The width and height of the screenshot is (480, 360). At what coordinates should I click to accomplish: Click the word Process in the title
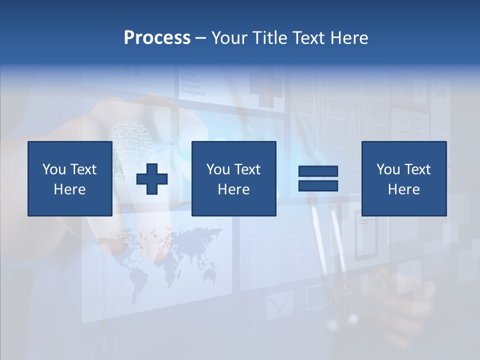point(157,38)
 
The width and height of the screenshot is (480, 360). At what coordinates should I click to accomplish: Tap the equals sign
point(318,178)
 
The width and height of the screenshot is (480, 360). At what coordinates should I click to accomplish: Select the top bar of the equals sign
point(318,171)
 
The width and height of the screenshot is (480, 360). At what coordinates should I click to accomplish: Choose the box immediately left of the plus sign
point(70,178)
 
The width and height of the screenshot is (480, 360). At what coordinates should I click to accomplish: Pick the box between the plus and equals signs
point(233,178)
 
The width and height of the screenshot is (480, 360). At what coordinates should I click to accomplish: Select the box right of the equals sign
point(404,178)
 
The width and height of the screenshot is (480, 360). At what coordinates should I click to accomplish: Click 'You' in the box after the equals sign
point(388,169)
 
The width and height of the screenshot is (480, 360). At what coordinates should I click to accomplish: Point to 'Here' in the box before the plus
point(70,189)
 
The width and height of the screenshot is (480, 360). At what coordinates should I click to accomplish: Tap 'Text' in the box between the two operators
point(247,169)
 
